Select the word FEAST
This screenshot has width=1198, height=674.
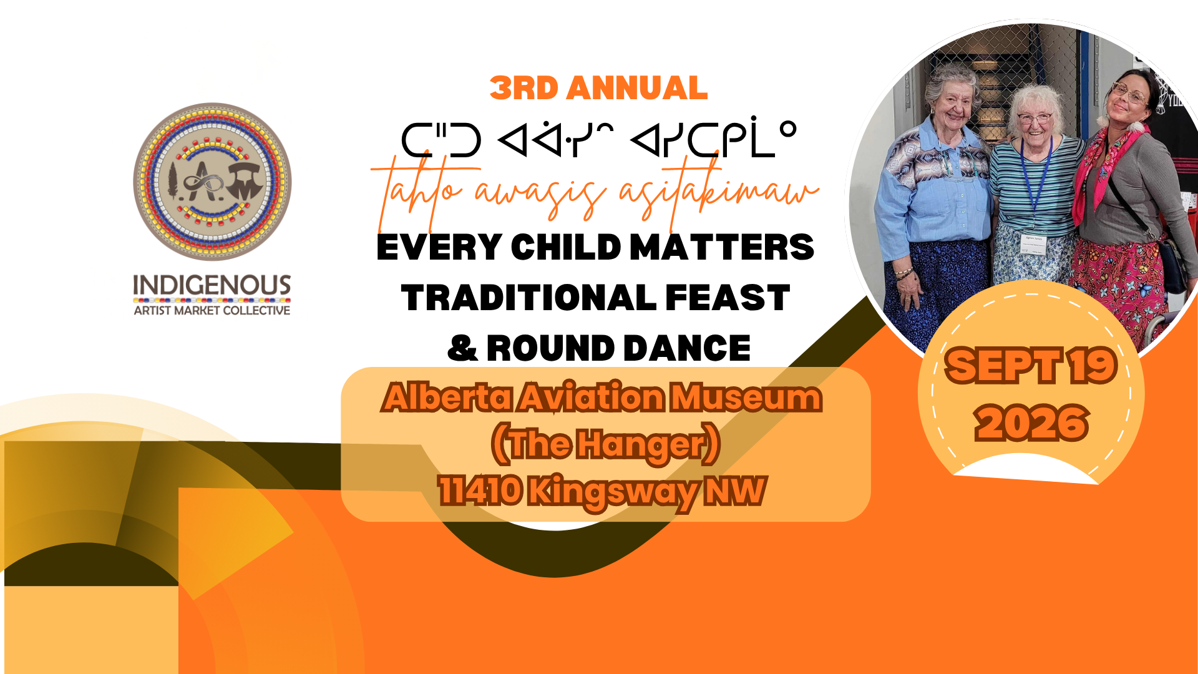coord(728,298)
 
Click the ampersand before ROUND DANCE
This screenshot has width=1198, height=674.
coord(462,348)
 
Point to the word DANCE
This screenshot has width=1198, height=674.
coord(687,348)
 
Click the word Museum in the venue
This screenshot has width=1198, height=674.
coord(746,398)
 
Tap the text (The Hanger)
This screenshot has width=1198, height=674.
coord(605,444)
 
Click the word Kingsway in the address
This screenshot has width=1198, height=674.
coord(614,492)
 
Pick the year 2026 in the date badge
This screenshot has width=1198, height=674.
coord(1032,423)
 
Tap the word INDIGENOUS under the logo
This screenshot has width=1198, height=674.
coord(212,285)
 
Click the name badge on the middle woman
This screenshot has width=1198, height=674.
coord(1034,243)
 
